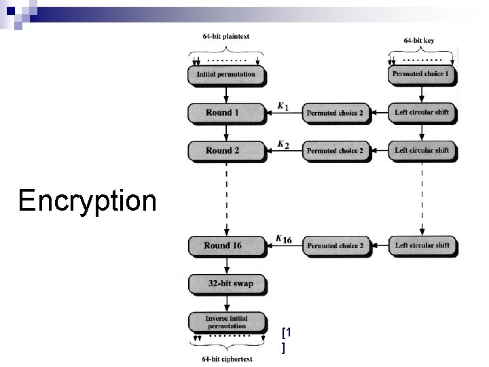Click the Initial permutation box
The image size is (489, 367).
point(225,74)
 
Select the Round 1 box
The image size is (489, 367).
point(225,112)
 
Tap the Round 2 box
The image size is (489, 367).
point(225,150)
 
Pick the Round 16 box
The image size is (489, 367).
point(225,245)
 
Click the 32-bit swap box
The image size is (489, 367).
point(225,283)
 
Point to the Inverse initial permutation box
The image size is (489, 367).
point(225,321)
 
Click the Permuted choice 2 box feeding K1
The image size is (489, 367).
point(336,113)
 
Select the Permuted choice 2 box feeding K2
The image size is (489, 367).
point(336,151)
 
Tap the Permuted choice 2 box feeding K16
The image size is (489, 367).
point(336,245)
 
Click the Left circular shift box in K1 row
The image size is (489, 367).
point(421,113)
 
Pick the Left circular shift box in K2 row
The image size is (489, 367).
point(421,151)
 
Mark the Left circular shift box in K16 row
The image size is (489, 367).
point(421,245)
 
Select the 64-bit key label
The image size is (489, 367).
point(419,40)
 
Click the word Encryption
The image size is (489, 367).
point(88,200)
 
